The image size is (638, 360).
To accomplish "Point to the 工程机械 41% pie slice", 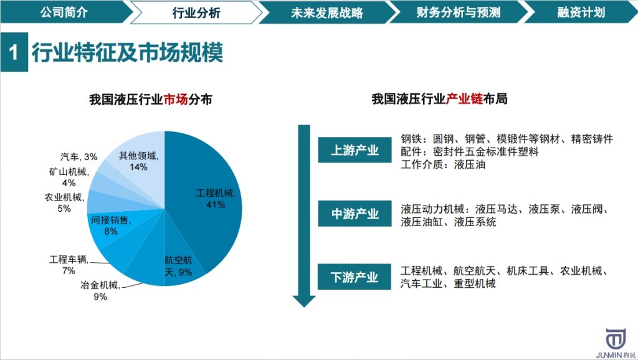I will click(209, 199).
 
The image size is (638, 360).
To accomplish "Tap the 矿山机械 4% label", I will click(69, 177).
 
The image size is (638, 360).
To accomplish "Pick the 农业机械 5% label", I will click(64, 203).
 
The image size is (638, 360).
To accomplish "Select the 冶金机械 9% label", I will click(100, 291).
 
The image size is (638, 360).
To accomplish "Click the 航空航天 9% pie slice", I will click(177, 267).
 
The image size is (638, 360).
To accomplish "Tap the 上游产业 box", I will click(355, 150).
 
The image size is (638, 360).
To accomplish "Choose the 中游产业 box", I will click(355, 214).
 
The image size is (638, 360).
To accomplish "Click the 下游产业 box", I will click(355, 277).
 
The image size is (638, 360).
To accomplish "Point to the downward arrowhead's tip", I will click(305, 306).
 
